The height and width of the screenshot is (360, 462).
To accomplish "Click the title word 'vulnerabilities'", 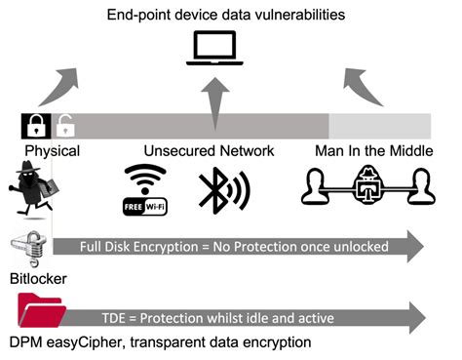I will pyautogui.click(x=297, y=15).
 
